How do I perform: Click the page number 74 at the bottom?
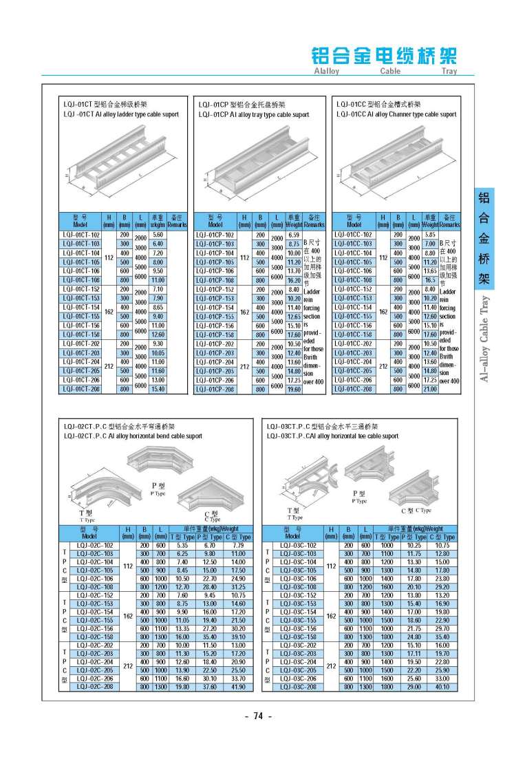259,716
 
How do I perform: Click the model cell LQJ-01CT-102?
81,235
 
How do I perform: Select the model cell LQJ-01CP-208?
215,389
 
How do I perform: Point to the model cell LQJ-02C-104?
94,562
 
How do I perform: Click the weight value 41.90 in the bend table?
238,686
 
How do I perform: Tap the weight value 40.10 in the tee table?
442,686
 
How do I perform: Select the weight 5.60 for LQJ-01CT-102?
157,235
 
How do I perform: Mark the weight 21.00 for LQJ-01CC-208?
430,389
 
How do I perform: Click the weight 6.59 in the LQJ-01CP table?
294,235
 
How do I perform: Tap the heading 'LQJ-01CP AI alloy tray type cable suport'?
253,115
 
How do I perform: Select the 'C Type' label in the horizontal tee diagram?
416,510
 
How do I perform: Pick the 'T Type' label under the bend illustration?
86,516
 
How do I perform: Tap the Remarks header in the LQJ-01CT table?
178,221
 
